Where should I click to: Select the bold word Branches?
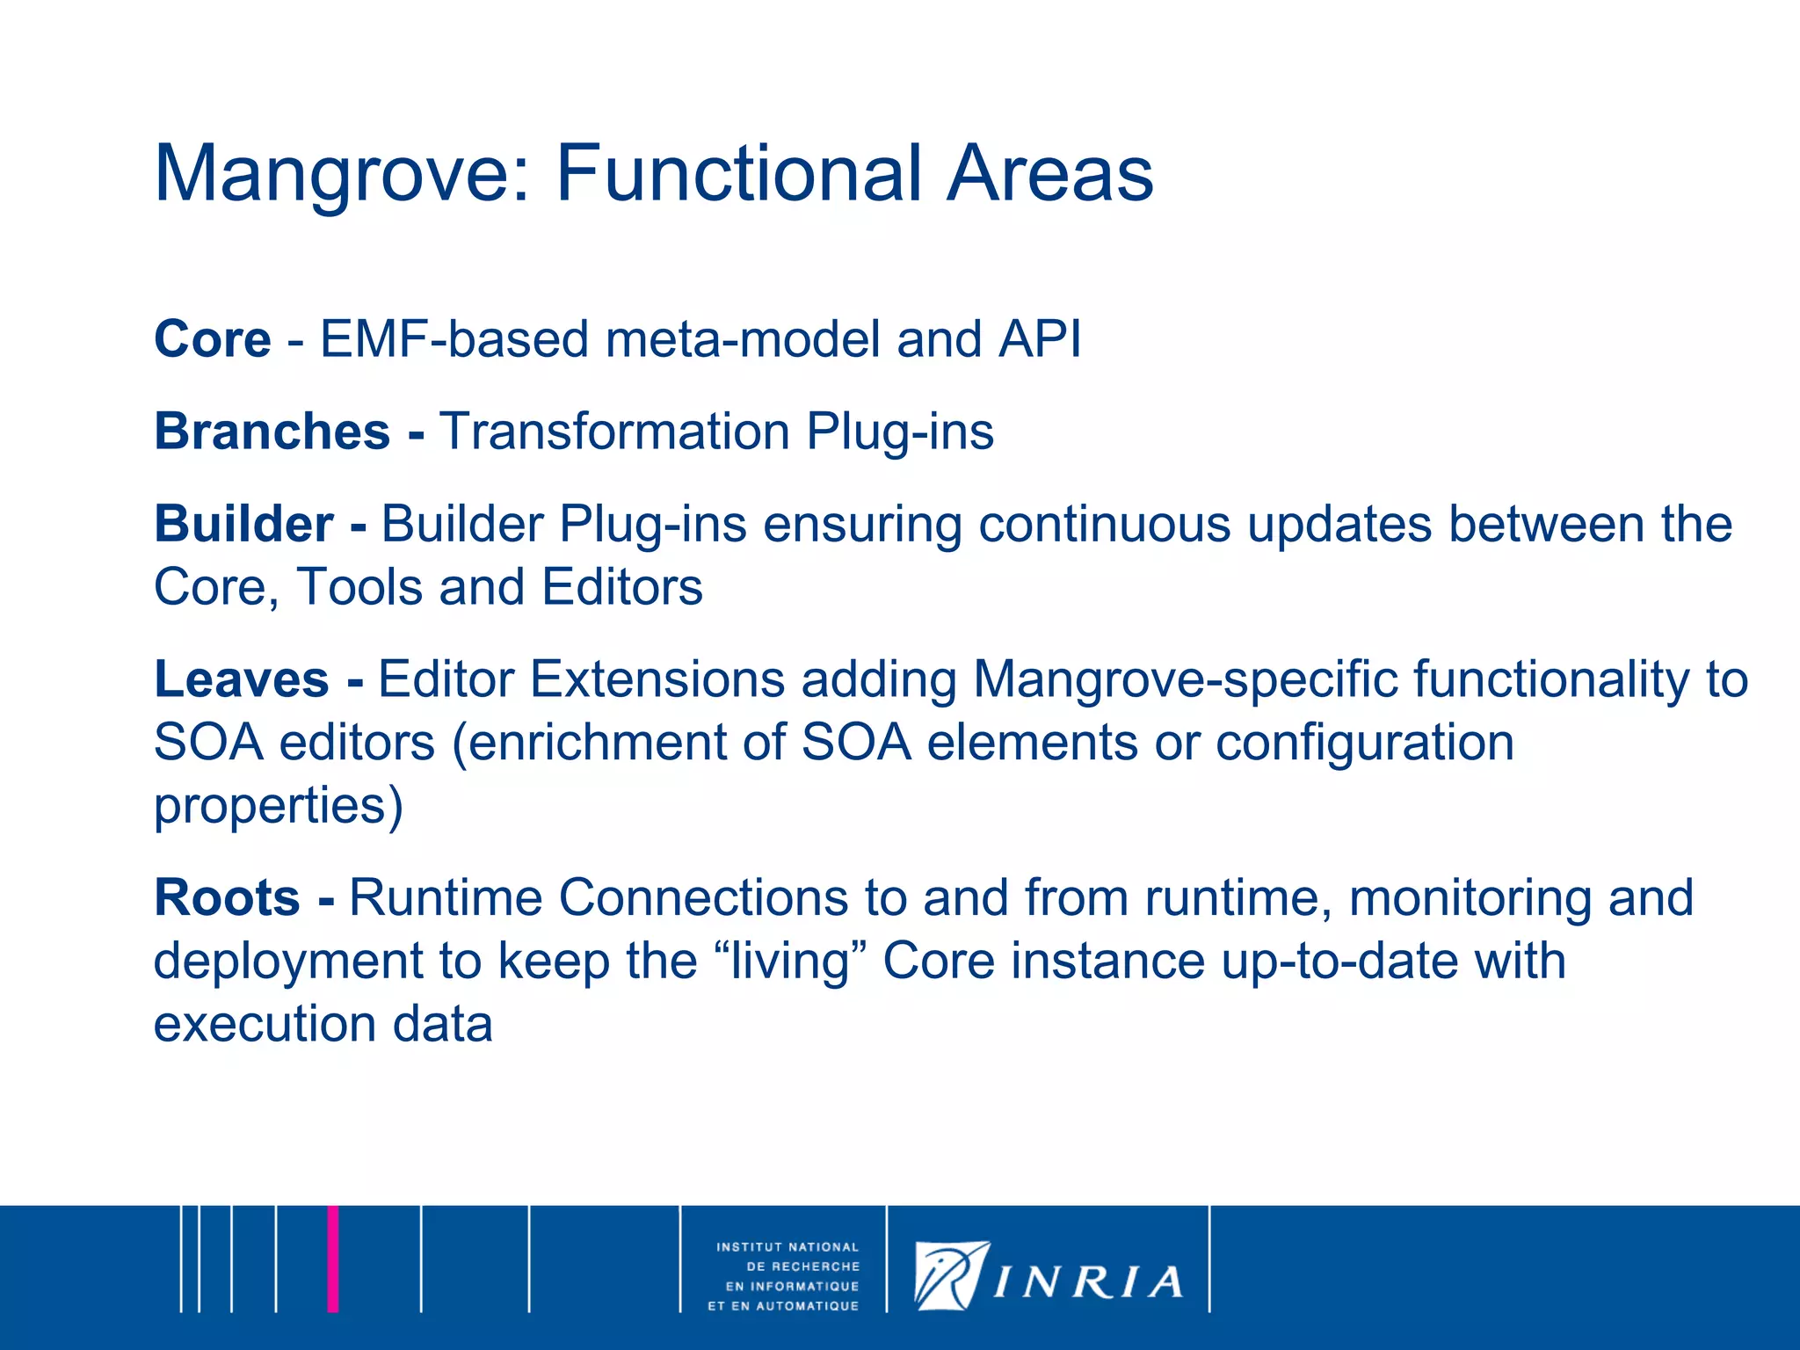tap(272, 432)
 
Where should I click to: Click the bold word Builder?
tap(244, 524)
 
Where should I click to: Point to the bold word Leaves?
tap(242, 679)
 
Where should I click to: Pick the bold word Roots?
tap(228, 897)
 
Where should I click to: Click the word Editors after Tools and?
tap(622, 587)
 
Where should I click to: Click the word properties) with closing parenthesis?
tap(279, 806)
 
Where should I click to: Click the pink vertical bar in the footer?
tap(333, 1259)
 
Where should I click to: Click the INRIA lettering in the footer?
tap(1088, 1282)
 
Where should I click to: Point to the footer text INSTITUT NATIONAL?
tap(787, 1247)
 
